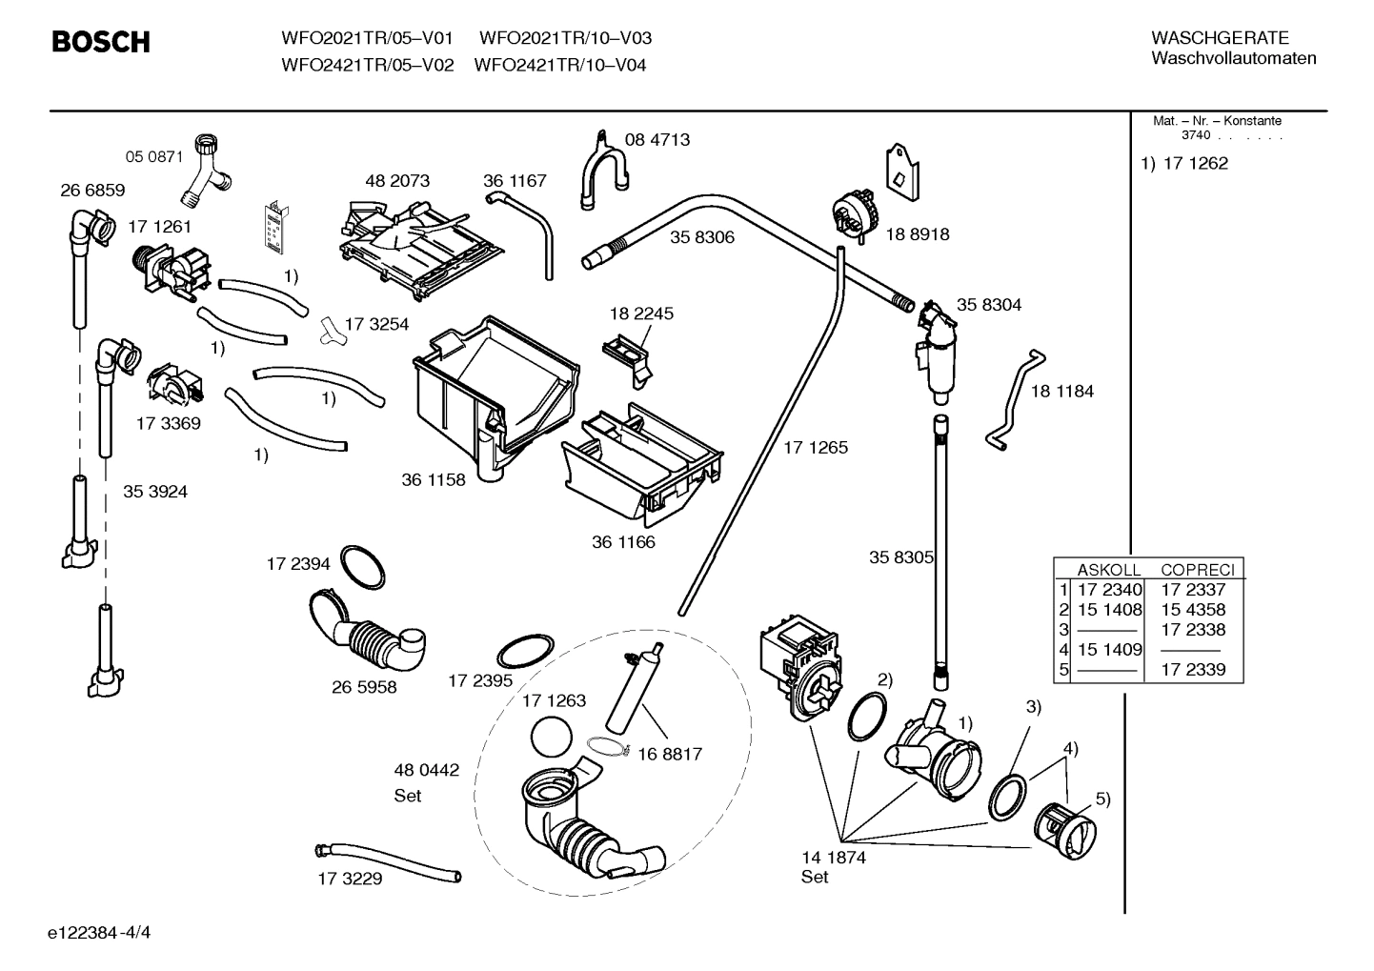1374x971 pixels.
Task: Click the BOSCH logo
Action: pyautogui.click(x=100, y=42)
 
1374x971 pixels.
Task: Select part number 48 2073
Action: pyautogui.click(x=397, y=181)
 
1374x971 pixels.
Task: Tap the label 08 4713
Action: pyautogui.click(x=657, y=140)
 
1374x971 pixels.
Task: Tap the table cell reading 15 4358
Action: pyautogui.click(x=1193, y=610)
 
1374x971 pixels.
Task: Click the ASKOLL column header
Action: pyautogui.click(x=1108, y=570)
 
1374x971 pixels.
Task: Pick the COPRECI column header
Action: pyautogui.click(x=1198, y=570)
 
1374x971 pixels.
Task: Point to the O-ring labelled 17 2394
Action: pyautogui.click(x=363, y=568)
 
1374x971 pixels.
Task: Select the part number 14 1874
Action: pyautogui.click(x=833, y=858)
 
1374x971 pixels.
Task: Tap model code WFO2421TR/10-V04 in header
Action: pyautogui.click(x=559, y=66)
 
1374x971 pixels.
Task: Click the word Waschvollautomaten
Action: pyautogui.click(x=1233, y=58)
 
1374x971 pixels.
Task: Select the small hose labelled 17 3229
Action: pyautogui.click(x=386, y=860)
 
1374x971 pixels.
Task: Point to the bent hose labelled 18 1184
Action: pyautogui.click(x=1015, y=400)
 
